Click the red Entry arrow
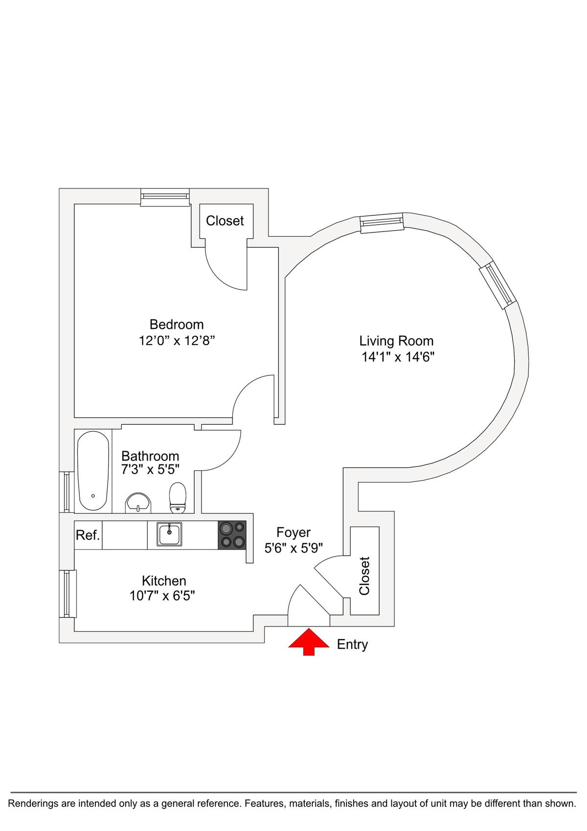309,642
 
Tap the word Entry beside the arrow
352,645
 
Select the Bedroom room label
177,324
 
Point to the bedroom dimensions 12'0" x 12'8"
177,341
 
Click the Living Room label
396,341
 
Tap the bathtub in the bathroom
93,471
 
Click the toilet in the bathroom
178,497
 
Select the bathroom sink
139,503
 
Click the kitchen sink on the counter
169,534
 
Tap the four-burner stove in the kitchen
232,535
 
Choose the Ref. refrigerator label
88,535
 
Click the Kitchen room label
164,581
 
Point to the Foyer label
293,532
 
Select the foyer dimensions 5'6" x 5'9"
293,548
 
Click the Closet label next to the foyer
364,576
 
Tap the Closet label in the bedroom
225,221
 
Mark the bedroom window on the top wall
165,196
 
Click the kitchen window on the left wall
68,594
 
